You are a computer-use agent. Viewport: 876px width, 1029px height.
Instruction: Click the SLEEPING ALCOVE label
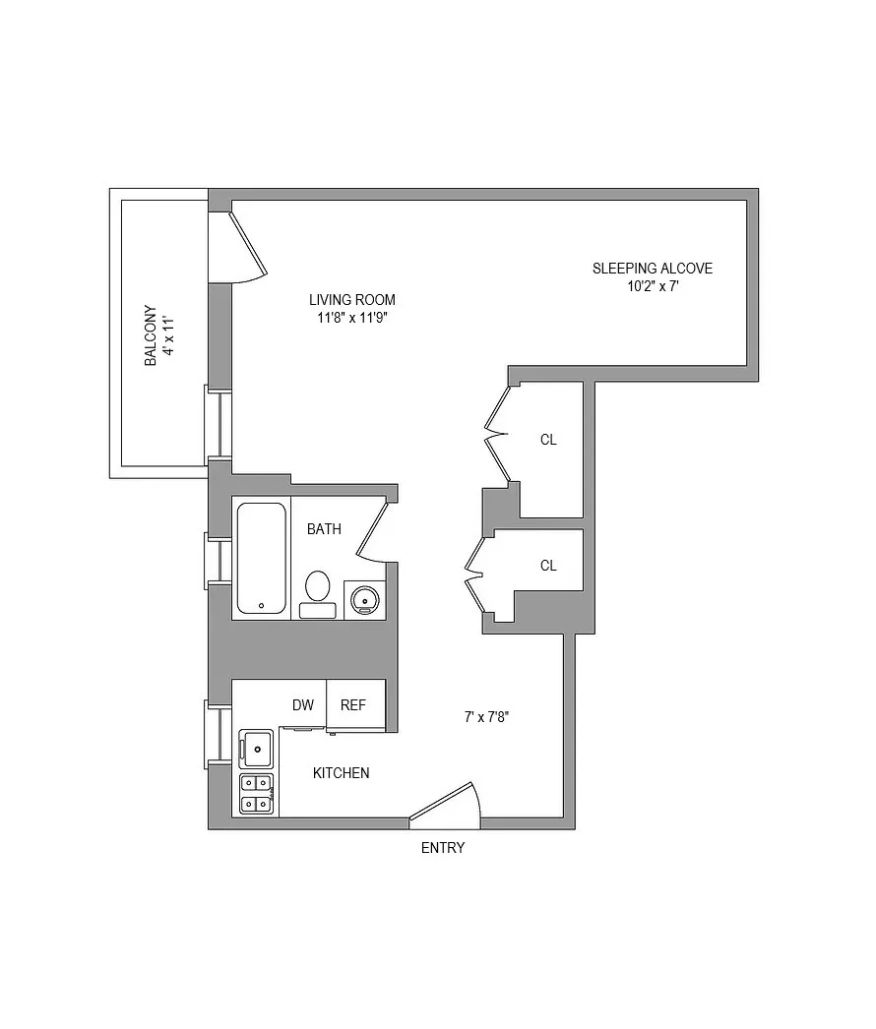652,268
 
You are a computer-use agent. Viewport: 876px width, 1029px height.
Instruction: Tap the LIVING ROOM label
351,300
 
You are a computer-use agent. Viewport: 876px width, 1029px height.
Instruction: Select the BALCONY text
151,334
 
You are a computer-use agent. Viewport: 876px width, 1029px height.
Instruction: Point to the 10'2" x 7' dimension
652,287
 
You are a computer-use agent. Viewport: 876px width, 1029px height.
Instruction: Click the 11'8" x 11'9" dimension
351,318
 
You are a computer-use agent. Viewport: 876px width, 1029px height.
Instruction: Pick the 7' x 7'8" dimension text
485,717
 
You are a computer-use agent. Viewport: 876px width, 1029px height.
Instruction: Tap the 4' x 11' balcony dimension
168,334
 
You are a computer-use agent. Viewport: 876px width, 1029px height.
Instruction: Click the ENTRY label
443,848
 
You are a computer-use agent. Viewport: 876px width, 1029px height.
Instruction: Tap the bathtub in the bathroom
261,558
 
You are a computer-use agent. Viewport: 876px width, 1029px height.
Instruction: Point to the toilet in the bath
317,593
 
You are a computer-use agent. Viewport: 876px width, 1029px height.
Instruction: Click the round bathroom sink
362,597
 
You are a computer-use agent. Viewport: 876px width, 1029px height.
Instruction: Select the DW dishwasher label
303,705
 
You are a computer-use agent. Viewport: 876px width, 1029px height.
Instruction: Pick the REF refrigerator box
354,705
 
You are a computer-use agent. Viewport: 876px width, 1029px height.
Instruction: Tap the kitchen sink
257,749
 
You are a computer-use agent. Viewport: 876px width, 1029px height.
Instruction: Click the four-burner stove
257,794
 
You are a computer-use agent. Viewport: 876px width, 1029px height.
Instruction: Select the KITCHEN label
341,773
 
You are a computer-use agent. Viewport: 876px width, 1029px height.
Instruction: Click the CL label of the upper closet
548,440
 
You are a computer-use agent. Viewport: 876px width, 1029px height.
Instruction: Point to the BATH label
324,529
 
